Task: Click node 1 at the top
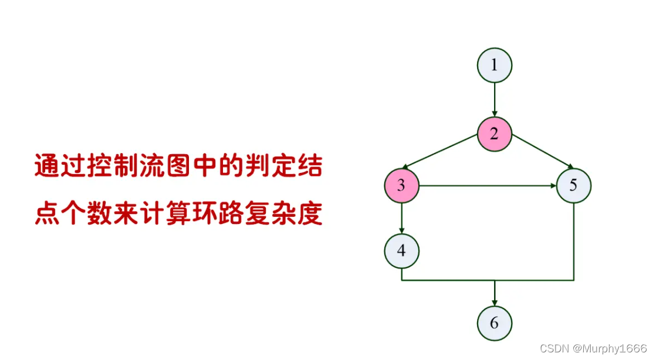tap(494, 64)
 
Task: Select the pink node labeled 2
tap(494, 134)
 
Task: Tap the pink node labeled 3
tap(401, 186)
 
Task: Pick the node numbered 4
tap(401, 250)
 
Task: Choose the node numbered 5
tap(573, 186)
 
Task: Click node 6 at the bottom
tap(494, 322)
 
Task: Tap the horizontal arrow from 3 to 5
tap(487, 186)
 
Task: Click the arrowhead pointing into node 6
tap(494, 301)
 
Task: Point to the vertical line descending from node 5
tap(573, 240)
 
